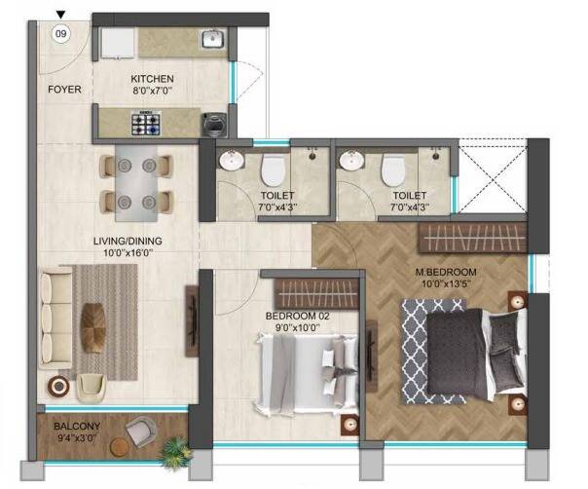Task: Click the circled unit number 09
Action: (60, 34)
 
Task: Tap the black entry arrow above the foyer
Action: (60, 15)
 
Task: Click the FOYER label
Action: (64, 90)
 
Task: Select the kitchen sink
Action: (213, 39)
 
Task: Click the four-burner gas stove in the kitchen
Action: (145, 123)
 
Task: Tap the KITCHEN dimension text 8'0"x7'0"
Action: (152, 91)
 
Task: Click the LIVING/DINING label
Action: (128, 241)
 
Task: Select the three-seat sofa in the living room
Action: (56, 318)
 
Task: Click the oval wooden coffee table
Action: (93, 327)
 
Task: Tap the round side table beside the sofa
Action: (58, 386)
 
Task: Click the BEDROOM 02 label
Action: (297, 316)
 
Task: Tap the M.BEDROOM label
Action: (446, 272)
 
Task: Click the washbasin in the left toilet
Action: (232, 161)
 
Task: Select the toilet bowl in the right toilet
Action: (393, 169)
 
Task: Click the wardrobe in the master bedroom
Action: (473, 238)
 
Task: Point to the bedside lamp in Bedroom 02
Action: (350, 425)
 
